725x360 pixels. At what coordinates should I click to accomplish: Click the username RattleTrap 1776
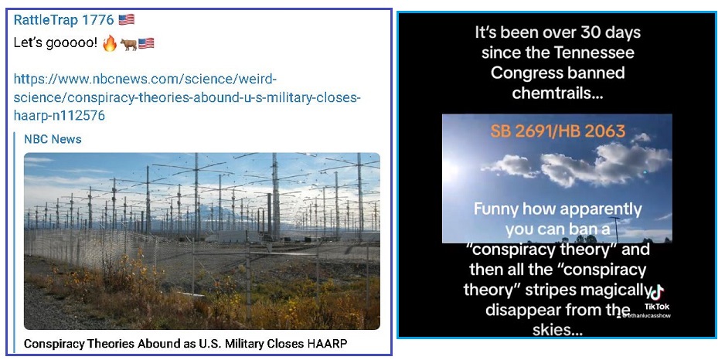(x=63, y=20)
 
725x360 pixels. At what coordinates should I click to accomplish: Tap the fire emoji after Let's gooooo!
(x=109, y=44)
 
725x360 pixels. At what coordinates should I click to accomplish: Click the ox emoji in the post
(x=128, y=44)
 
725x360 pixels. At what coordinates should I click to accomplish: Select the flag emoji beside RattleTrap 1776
(x=126, y=20)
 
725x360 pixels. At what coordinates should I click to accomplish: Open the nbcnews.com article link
(x=186, y=97)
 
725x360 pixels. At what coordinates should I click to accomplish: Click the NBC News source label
(x=53, y=139)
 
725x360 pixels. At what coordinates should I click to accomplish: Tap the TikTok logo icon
(x=656, y=293)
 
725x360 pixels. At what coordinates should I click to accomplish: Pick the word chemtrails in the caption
(x=558, y=93)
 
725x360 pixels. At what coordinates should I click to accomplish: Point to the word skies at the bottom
(x=557, y=330)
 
